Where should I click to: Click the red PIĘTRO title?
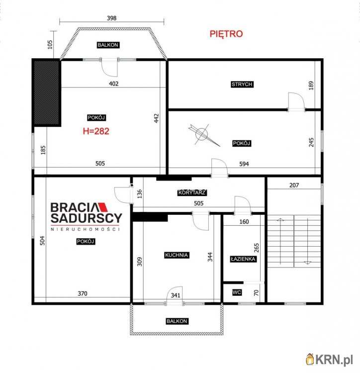click(226, 34)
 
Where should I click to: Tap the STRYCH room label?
click(242, 84)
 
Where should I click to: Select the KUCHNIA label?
click(177, 255)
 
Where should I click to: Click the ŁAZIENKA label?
click(243, 259)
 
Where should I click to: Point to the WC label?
click(237, 292)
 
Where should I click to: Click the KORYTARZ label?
click(192, 192)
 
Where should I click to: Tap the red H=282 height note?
click(96, 131)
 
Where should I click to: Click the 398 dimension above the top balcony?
click(111, 18)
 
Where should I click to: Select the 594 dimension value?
click(244, 164)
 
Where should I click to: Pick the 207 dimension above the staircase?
click(294, 185)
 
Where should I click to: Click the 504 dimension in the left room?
click(42, 241)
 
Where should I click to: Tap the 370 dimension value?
click(83, 293)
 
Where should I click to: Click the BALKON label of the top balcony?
click(108, 45)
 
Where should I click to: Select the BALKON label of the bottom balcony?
click(177, 321)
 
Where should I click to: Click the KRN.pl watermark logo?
click(329, 359)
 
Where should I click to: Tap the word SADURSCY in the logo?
click(87, 218)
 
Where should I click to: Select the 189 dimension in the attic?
click(311, 86)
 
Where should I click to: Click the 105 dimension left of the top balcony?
click(50, 44)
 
